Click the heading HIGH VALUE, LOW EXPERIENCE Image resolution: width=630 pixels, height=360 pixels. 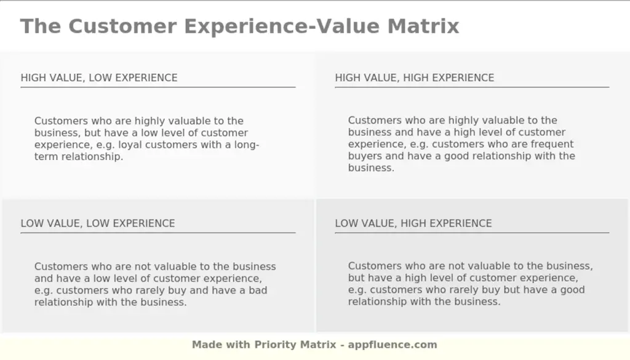pos(99,78)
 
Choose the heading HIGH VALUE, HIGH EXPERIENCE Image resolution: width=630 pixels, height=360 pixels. pos(414,78)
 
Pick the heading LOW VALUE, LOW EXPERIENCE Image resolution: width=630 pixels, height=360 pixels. pos(98,223)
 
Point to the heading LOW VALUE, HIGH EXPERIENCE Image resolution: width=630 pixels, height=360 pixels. pos(413,223)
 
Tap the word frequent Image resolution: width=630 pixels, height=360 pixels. pos(552,144)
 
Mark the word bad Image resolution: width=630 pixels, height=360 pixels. pos(258,290)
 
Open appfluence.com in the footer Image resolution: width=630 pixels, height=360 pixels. pos(393,345)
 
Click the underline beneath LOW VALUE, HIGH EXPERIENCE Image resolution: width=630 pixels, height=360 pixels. pos(472,233)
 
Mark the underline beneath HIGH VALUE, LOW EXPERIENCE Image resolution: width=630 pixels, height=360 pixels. pos(158,87)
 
